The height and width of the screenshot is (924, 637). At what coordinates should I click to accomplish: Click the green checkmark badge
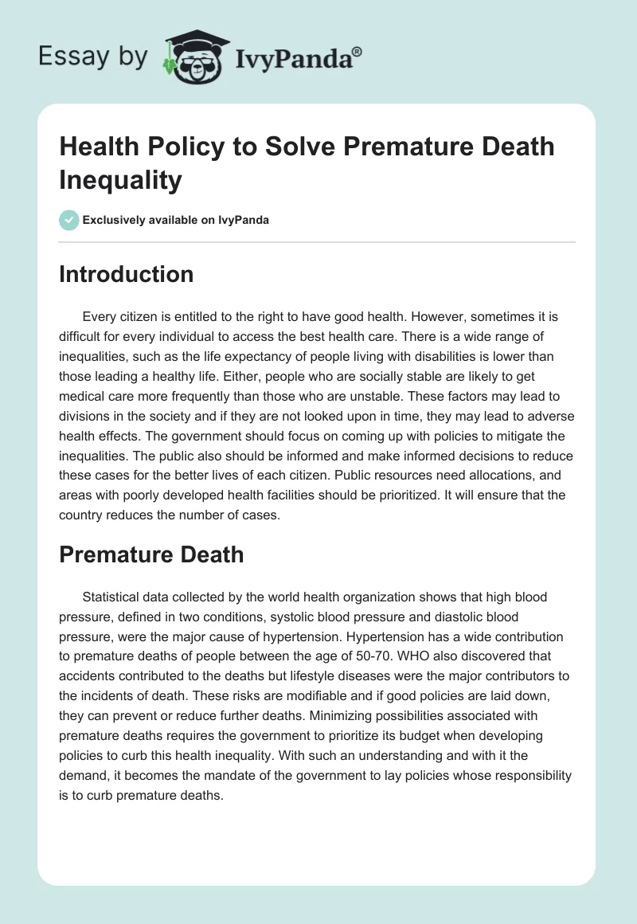[68, 220]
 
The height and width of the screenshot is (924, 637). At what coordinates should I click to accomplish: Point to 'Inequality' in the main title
[120, 180]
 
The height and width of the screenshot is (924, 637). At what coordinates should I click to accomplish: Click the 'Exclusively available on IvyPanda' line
[176, 220]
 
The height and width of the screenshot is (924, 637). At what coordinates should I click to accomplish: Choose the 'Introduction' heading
[126, 274]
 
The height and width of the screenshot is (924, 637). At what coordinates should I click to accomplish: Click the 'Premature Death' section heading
[151, 554]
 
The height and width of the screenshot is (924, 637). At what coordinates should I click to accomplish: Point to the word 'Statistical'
[114, 597]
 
